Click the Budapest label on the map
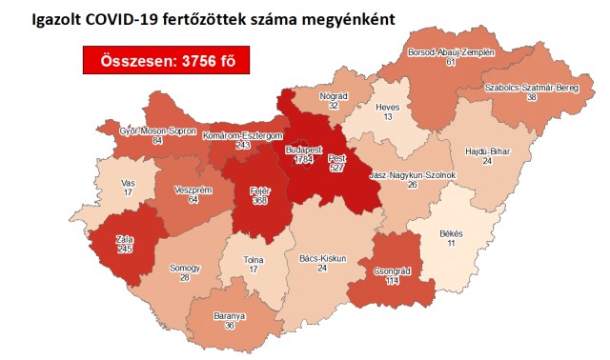click(x=304, y=150)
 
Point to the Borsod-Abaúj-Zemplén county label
click(x=451, y=53)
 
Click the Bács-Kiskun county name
click(x=323, y=257)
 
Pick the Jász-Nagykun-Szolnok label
click(x=413, y=175)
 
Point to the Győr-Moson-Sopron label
click(x=156, y=130)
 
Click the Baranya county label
click(x=230, y=316)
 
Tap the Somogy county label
click(x=185, y=268)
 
